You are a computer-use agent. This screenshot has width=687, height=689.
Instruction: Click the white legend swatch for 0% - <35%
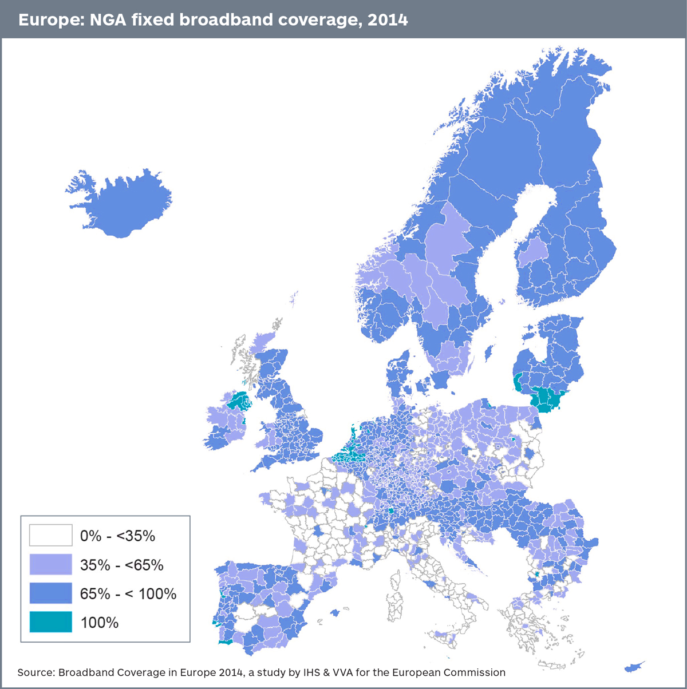51,535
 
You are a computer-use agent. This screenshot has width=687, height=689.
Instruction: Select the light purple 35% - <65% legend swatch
51,564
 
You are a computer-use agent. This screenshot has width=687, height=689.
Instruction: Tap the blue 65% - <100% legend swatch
51,593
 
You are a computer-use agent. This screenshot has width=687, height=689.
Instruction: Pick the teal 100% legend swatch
51,622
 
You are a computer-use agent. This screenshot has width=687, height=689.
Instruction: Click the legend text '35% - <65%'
122,565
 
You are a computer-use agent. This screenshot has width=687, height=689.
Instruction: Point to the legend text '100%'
100,623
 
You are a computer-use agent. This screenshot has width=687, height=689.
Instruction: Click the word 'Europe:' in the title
50,20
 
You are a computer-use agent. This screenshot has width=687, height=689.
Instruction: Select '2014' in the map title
388,20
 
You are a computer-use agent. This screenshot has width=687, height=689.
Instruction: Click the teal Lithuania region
547,399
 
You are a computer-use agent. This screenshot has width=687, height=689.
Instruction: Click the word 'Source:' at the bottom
36,672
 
